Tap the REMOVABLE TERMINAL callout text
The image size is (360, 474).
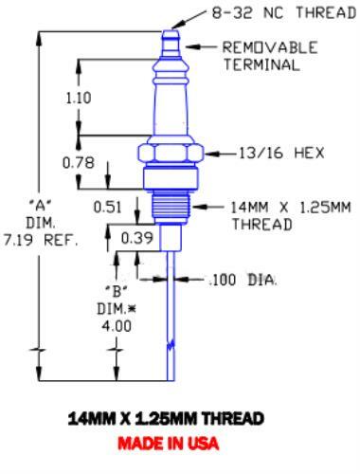[x=269, y=56]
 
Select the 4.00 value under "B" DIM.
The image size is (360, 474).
[x=121, y=325]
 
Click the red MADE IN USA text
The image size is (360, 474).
[x=180, y=444]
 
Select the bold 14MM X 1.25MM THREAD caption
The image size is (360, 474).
[x=180, y=418]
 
